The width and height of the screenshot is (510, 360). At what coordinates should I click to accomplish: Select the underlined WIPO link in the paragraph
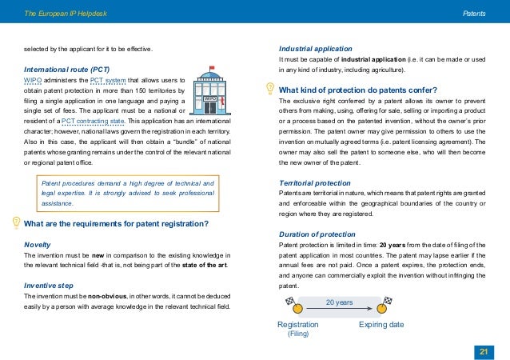click(x=34, y=80)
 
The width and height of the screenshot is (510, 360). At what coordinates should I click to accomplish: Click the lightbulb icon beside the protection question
click(x=270, y=89)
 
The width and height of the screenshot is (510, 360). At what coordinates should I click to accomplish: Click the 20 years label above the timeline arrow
click(x=339, y=302)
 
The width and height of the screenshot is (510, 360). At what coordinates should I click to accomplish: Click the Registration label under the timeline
click(x=297, y=325)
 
